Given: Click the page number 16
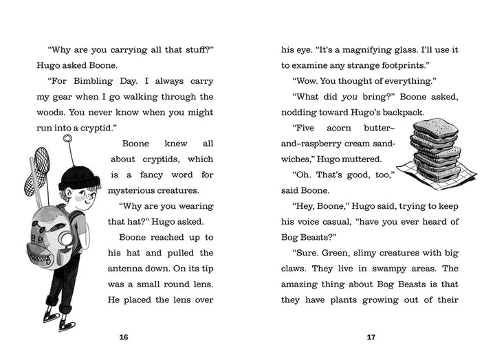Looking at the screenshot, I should coord(124,337).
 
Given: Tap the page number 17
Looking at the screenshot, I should coord(371,337).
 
